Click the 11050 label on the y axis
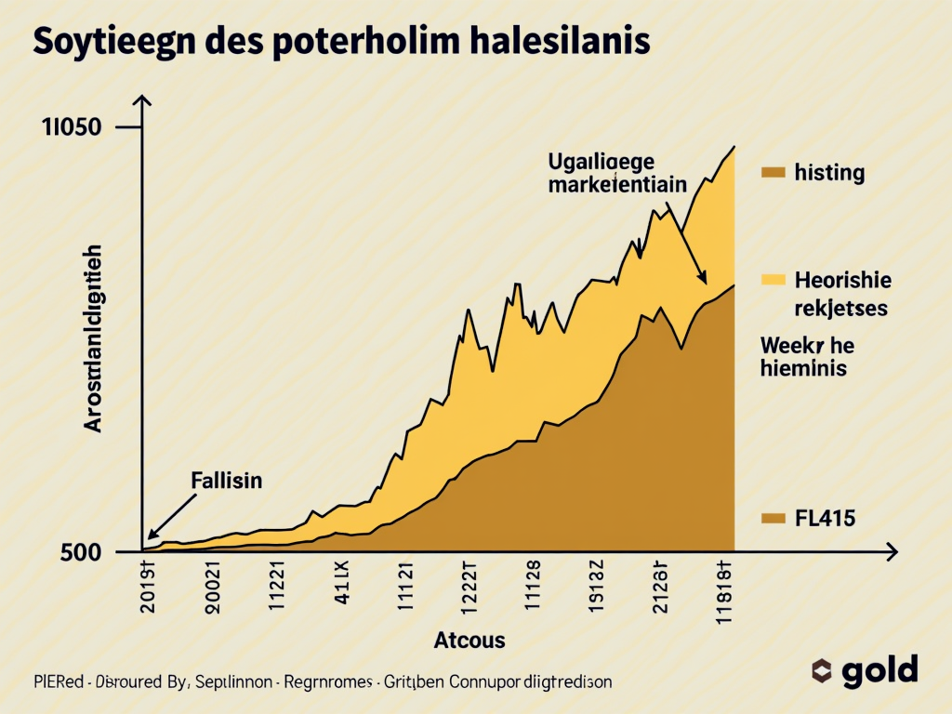coord(71,129)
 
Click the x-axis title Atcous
coord(469,640)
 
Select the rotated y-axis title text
coord(94,340)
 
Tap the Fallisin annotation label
coord(226,481)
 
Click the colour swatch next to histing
coord(773,172)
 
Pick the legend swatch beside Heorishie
coord(773,279)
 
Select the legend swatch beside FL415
coord(773,519)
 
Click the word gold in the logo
coord(880,670)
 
